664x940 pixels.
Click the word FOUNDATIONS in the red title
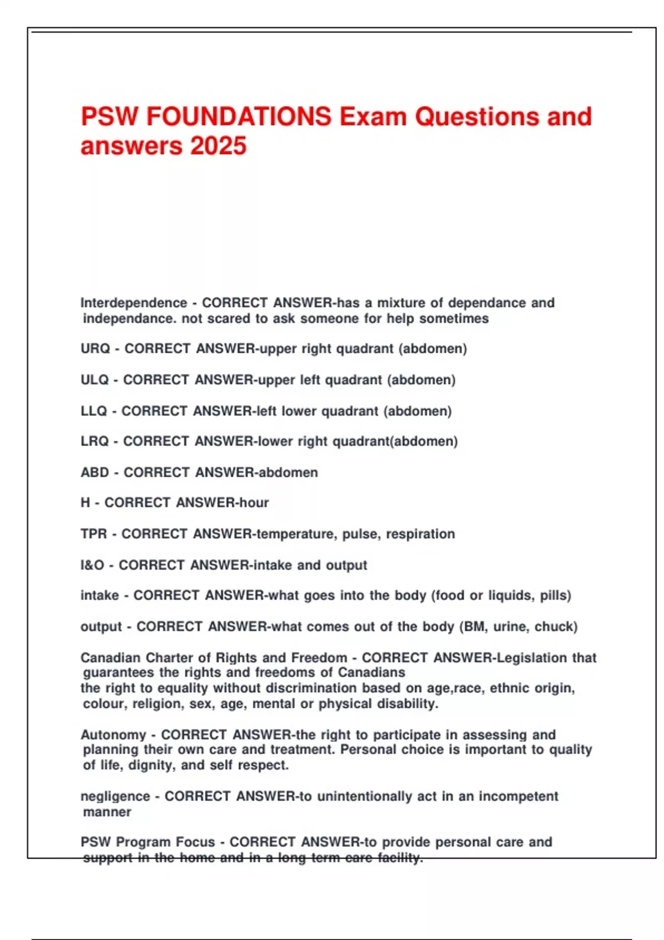[240, 117]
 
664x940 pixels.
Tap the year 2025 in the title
[218, 147]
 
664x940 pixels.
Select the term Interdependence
[134, 303]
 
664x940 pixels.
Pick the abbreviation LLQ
[94, 411]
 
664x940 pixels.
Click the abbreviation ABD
[95, 472]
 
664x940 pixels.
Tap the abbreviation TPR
[94, 534]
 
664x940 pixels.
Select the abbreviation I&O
[92, 565]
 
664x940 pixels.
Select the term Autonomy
[113, 735]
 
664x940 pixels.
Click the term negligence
[115, 796]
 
